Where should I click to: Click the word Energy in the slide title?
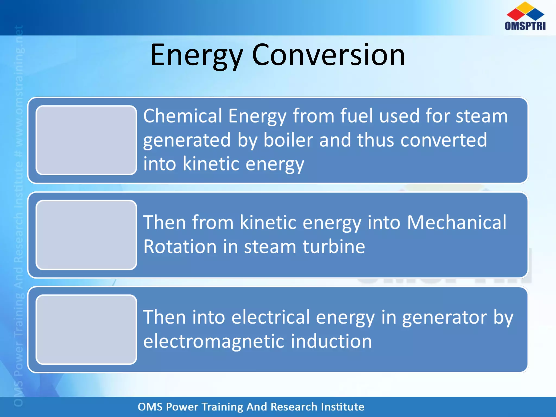coord(196,56)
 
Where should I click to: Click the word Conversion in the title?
coord(328,56)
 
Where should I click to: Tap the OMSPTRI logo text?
coord(525,26)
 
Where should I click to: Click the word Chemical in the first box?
coord(182,116)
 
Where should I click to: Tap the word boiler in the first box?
coord(288,140)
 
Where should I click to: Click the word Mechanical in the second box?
coord(457,223)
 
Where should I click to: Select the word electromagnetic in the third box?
coord(213,342)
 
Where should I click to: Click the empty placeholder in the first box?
coord(86,140)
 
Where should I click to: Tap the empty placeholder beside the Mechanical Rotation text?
coord(86,235)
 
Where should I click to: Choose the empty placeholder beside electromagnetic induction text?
coord(86,329)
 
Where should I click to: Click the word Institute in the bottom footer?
coord(342,407)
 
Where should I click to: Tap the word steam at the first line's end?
coord(481,116)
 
